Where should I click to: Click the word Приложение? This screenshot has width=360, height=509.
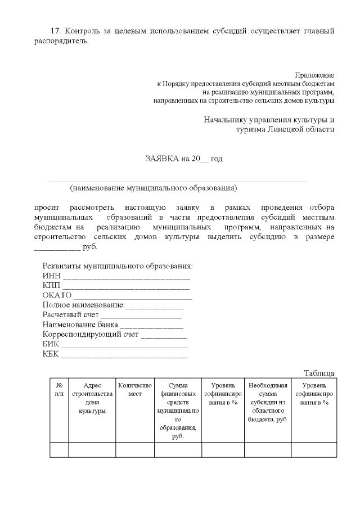(314, 75)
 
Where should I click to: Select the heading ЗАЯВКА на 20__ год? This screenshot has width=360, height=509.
(184, 159)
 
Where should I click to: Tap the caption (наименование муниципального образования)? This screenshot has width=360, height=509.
(154, 188)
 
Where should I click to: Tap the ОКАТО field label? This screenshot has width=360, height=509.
(57, 295)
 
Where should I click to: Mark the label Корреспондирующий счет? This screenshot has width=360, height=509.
(90, 335)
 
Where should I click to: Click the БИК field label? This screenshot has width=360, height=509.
(51, 344)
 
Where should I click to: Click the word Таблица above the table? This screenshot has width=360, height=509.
(319, 373)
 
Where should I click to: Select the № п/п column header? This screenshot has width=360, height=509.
(59, 390)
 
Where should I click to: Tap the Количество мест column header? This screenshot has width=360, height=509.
(135, 390)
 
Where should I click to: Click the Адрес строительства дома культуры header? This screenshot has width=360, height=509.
(92, 398)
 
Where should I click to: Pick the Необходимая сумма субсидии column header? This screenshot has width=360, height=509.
(268, 402)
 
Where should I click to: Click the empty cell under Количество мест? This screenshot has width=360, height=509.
(135, 451)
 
